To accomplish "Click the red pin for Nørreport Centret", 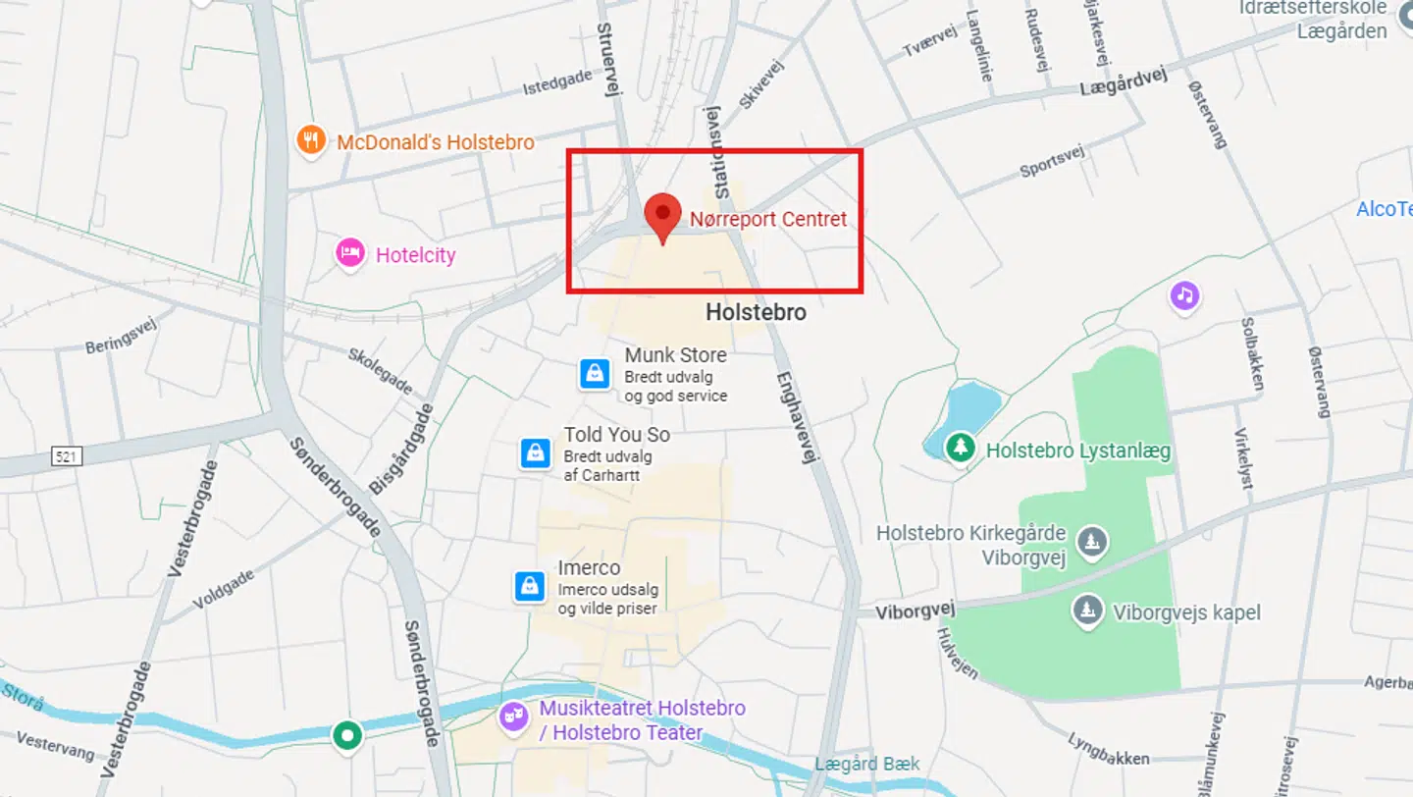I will click(x=662, y=213).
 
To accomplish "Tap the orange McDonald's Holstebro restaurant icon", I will click(x=311, y=140).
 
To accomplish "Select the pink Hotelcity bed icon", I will click(x=350, y=254).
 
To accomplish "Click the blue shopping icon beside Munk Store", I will click(x=595, y=374).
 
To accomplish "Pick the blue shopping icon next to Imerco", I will click(x=530, y=586).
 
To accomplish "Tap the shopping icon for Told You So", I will click(x=535, y=452).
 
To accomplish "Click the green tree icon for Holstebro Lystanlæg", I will click(x=960, y=449).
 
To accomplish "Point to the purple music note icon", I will click(x=1184, y=294).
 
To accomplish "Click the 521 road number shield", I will click(x=68, y=456).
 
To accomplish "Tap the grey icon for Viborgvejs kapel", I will click(x=1086, y=611).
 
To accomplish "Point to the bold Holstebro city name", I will click(x=756, y=313).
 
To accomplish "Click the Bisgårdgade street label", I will click(x=400, y=449).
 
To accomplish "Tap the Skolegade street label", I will click(x=380, y=369).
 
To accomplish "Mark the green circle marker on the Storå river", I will click(x=346, y=734).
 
